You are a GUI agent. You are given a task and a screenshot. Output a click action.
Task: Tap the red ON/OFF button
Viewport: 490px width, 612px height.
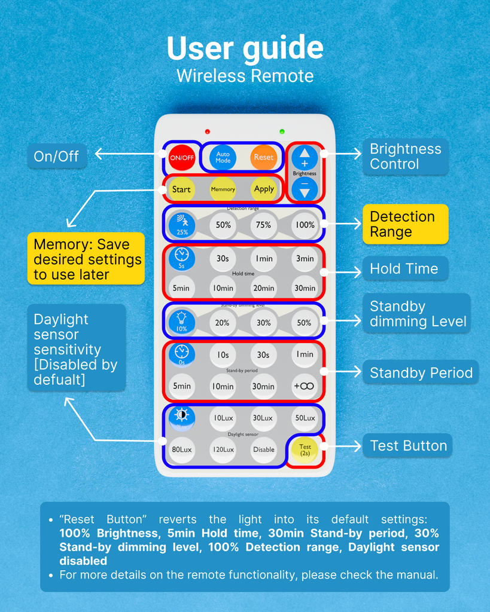(x=181, y=158)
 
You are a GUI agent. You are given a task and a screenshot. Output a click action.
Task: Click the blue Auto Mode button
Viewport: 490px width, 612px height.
(x=223, y=158)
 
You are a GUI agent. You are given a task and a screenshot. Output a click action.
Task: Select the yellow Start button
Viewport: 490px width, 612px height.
(x=181, y=189)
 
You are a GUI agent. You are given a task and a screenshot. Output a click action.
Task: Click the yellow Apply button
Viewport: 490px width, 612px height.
(x=264, y=189)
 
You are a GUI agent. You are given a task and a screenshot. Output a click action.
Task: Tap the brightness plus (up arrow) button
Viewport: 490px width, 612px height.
(x=305, y=158)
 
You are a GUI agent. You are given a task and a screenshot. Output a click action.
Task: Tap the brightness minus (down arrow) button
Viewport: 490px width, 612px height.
(x=305, y=188)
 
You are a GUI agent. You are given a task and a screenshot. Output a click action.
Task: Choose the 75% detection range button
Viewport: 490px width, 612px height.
(x=264, y=225)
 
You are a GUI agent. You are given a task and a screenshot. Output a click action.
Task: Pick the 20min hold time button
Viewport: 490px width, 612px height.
(x=264, y=288)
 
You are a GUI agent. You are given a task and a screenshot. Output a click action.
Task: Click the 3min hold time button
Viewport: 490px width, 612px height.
(x=305, y=259)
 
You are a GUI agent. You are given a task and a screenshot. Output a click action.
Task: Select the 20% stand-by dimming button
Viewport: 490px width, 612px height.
(x=223, y=323)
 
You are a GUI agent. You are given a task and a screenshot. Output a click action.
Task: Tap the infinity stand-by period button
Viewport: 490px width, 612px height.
(x=305, y=386)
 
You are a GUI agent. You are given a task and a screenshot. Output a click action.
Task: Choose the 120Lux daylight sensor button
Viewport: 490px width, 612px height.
(x=223, y=449)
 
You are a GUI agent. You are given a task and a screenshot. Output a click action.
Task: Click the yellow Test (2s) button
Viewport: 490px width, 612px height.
(x=305, y=449)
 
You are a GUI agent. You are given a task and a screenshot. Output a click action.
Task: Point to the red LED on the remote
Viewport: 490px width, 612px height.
(x=208, y=131)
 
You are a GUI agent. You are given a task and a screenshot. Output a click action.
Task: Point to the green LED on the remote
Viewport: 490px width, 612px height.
(x=282, y=131)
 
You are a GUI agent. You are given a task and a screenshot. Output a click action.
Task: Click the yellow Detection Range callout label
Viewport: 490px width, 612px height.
(x=405, y=224)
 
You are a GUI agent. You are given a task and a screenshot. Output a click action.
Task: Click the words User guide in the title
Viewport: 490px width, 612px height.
(x=245, y=49)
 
